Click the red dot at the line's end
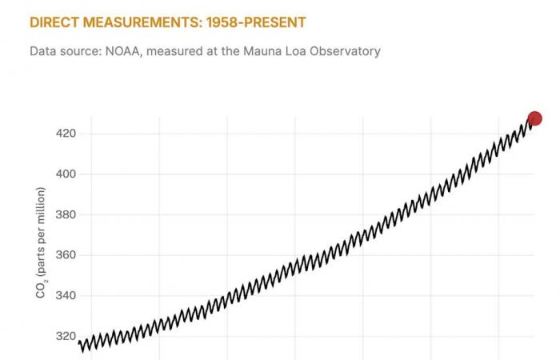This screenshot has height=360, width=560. pyautogui.click(x=534, y=118)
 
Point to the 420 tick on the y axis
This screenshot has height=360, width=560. pyautogui.click(x=65, y=133)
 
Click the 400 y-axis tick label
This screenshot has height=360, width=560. pyautogui.click(x=65, y=174)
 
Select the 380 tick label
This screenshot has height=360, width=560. pyautogui.click(x=65, y=214)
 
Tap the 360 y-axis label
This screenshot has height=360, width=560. pyautogui.click(x=65, y=255)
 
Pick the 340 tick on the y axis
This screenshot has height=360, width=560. pyautogui.click(x=65, y=296)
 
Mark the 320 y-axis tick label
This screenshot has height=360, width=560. pyautogui.click(x=65, y=337)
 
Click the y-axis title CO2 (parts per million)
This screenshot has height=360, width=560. pyautogui.click(x=41, y=243)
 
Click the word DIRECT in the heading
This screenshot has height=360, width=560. pyautogui.click(x=53, y=22)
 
